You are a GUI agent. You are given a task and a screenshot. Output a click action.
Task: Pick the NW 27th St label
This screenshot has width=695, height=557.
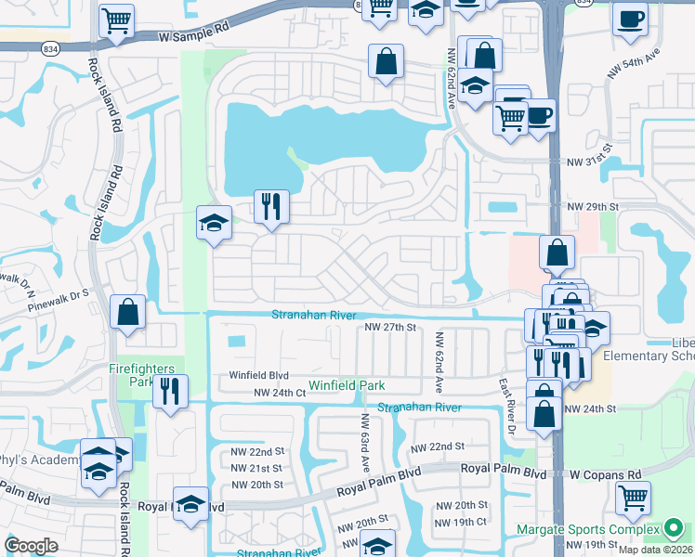pos(389,328)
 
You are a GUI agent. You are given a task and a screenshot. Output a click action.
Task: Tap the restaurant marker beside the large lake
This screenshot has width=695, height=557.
pos(271,206)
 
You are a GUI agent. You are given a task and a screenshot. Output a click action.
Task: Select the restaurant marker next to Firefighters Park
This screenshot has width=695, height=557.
pos(170,391)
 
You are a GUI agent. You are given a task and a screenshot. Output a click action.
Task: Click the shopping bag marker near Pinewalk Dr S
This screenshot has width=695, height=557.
pos(127,313)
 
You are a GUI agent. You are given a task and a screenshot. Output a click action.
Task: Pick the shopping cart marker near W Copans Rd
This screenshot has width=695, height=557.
pos(633,498)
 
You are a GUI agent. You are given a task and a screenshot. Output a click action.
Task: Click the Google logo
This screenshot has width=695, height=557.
pos(31,546)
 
